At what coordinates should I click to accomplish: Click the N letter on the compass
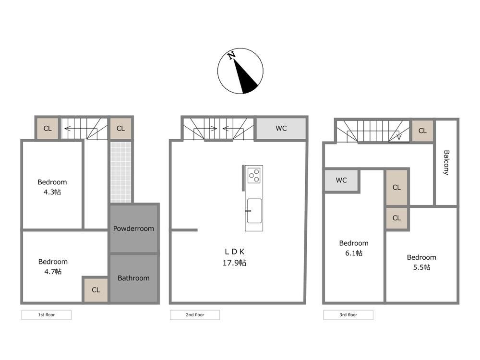point(232,55)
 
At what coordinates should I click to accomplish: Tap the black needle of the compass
point(245,78)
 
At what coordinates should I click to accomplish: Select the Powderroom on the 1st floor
point(134,228)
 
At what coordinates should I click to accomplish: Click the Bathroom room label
point(133,278)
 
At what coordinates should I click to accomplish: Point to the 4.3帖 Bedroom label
point(52,187)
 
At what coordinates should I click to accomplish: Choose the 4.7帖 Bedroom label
point(53,266)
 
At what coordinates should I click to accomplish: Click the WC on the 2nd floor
point(281,128)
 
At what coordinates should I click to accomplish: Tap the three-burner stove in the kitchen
point(254,175)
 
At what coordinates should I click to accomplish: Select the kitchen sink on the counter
point(254,211)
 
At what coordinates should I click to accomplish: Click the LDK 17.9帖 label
point(235,257)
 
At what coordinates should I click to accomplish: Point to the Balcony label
point(446,163)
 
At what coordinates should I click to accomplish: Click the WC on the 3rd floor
point(341,180)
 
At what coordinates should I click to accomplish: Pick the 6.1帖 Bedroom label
point(354,248)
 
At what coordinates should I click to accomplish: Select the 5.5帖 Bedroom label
point(421,262)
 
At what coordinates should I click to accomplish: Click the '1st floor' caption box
point(47,315)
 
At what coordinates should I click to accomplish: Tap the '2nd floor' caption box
point(195,315)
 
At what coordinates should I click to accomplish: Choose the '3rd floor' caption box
point(348,315)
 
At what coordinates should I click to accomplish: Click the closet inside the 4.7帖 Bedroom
point(96,289)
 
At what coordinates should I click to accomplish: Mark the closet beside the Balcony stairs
point(422,131)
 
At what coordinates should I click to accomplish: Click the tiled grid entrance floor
point(120,172)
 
